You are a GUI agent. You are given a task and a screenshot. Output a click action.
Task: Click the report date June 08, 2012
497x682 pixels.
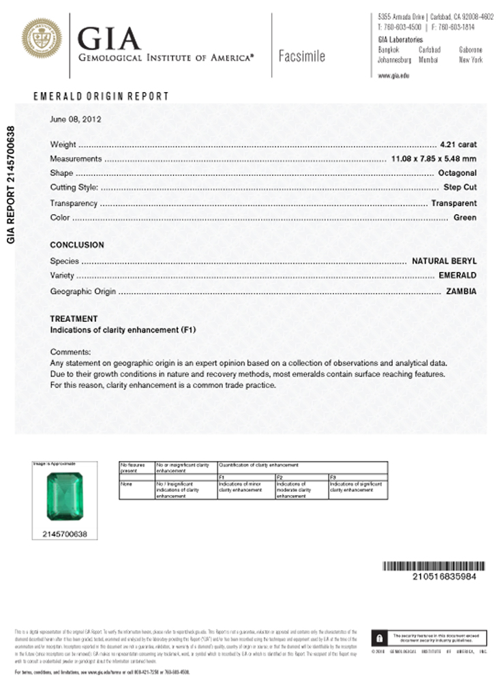coord(76,119)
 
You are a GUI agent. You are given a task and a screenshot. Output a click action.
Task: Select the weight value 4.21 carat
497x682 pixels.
coord(458,145)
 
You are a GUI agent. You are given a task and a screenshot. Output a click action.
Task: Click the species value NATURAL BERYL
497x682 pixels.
coord(444,261)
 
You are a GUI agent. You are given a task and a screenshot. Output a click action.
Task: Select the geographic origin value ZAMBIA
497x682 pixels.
coord(461,291)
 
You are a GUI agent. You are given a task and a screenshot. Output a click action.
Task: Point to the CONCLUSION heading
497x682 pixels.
coord(77,245)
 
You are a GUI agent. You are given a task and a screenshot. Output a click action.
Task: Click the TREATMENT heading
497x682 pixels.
coord(74,318)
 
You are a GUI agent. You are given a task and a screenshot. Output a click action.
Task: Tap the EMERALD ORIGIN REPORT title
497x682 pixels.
coord(100,97)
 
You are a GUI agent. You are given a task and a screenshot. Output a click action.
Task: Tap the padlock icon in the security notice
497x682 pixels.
coord(379,638)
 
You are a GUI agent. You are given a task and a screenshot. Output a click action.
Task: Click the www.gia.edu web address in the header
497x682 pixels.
coord(393,76)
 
